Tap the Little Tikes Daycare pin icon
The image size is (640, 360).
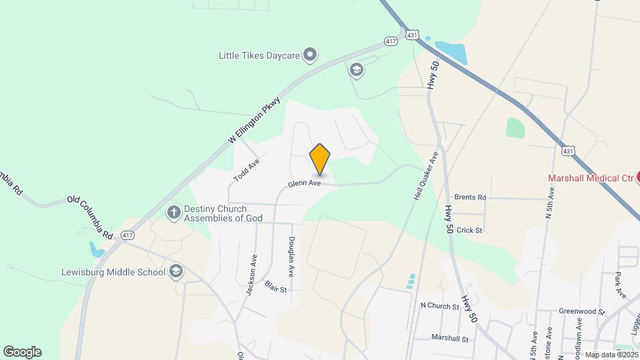coord(309,55)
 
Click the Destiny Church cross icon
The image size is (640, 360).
coord(174,213)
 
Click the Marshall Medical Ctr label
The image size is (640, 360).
coord(590,178)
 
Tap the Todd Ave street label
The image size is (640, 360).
coord(246,171)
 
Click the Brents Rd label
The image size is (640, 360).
coord(470,197)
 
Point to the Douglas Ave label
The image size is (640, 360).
coord(291,257)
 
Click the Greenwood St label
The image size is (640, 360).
coord(581,311)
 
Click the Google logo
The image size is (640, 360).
coord(22,352)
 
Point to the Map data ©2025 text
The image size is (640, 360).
coord(610,355)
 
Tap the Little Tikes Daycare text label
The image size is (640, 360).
coord(259,56)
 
